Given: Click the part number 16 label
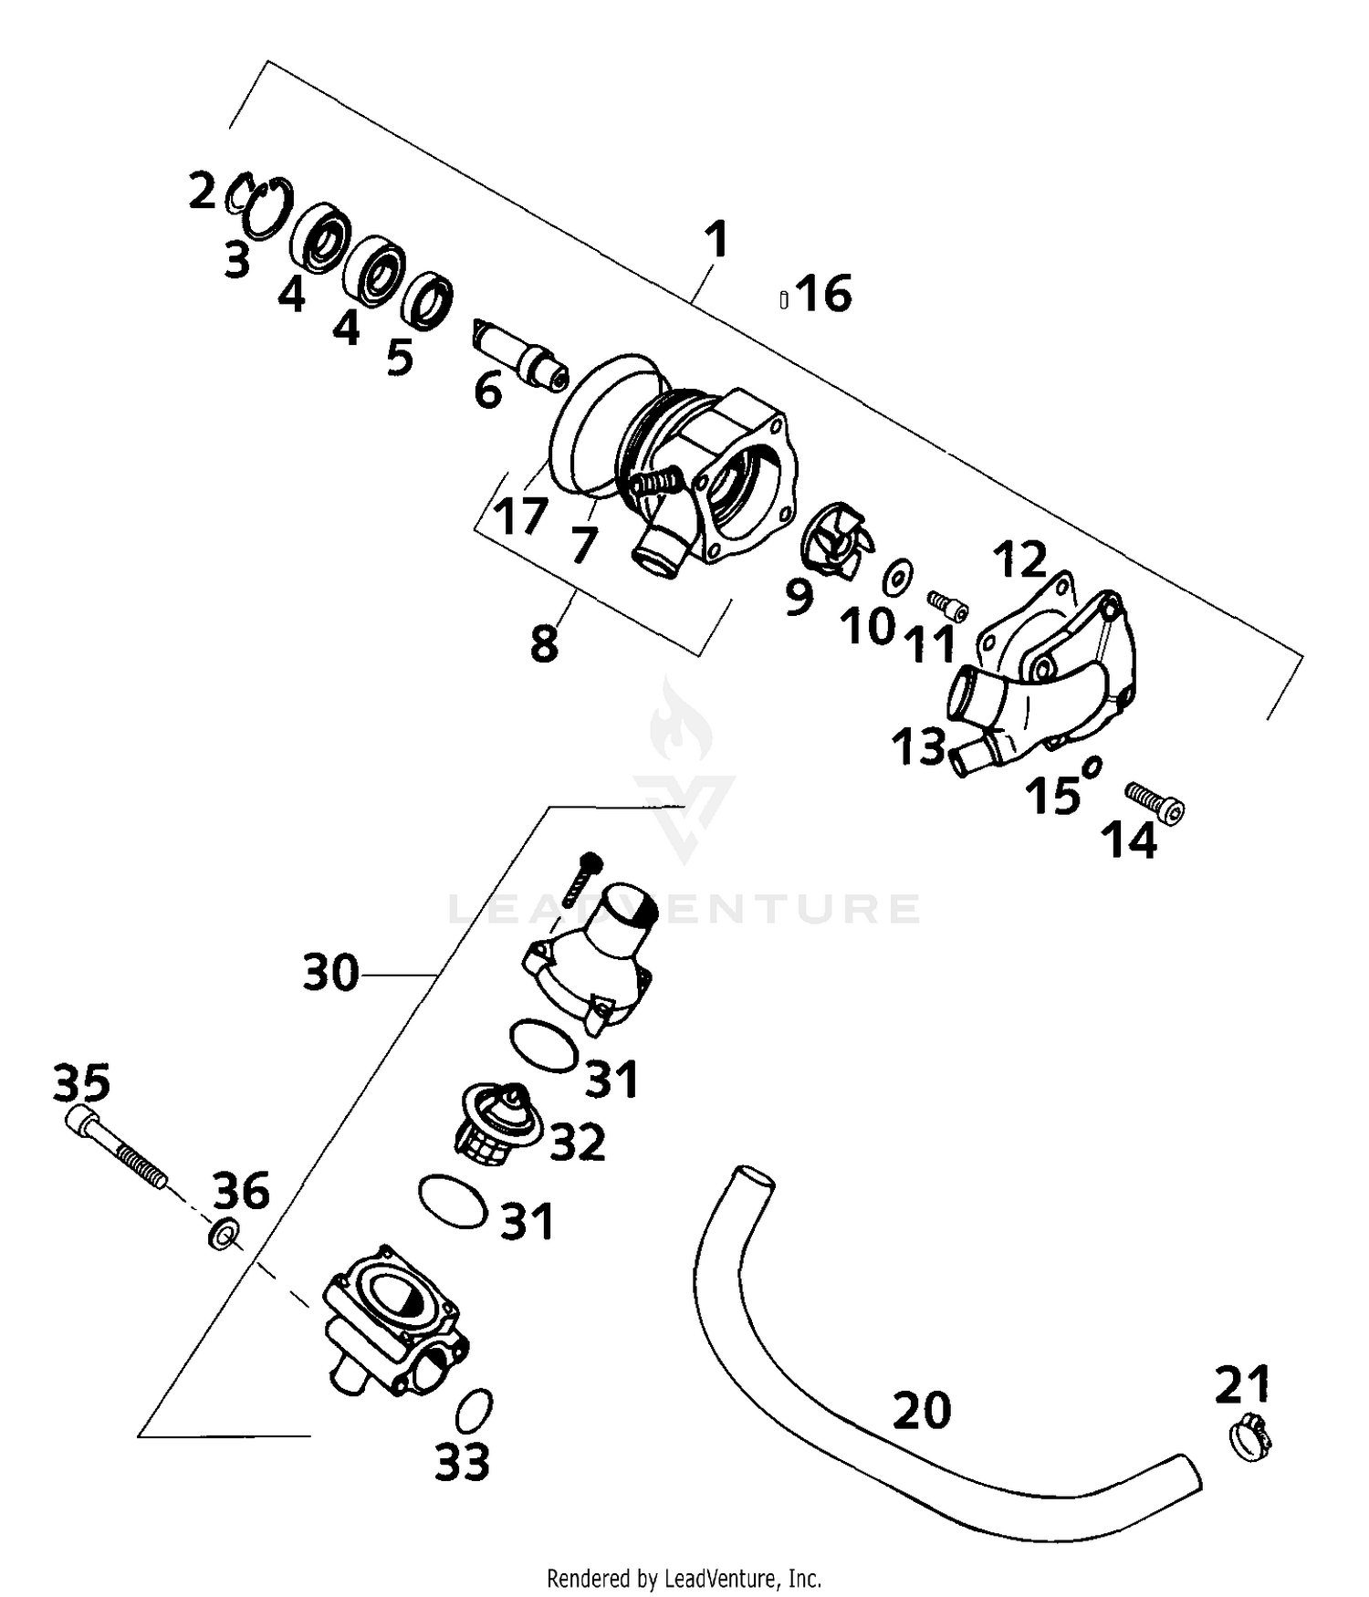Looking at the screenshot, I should [824, 294].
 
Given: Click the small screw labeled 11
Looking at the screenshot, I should [948, 602].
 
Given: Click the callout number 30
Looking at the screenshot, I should [331, 973].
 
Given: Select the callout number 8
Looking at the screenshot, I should [544, 643].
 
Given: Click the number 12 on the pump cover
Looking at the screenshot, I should [1020, 559].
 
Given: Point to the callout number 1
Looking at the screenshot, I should [717, 240].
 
